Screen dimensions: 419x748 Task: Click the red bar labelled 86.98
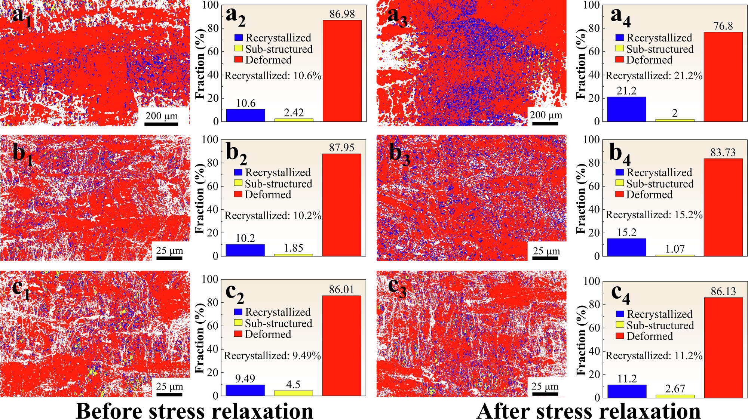pyautogui.click(x=342, y=71)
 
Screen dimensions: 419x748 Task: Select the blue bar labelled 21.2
pyautogui.click(x=626, y=109)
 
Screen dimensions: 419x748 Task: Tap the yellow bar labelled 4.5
pyautogui.click(x=293, y=393)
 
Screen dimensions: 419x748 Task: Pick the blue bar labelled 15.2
pyautogui.click(x=626, y=247)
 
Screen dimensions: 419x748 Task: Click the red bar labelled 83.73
pyautogui.click(x=723, y=207)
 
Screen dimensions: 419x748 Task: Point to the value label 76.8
pyautogui.click(x=723, y=26)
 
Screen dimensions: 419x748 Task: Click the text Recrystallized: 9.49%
pyautogui.click(x=272, y=356)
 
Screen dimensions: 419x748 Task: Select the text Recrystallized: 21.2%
pyautogui.click(x=654, y=76)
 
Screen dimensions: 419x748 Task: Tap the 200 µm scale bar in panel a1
pyautogui.click(x=161, y=123)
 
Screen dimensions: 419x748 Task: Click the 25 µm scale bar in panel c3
pyautogui.click(x=545, y=394)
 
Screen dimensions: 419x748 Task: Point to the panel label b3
pyautogui.click(x=399, y=154)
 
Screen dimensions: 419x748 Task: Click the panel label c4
pyautogui.click(x=620, y=295)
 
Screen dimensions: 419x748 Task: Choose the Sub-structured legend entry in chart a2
pyautogui.click(x=274, y=49)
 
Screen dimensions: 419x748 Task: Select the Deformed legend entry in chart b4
pyautogui.click(x=644, y=195)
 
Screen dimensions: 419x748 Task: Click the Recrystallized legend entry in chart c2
pyautogui.click(x=273, y=312)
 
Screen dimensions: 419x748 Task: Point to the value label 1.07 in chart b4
pyautogui.click(x=675, y=249)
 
